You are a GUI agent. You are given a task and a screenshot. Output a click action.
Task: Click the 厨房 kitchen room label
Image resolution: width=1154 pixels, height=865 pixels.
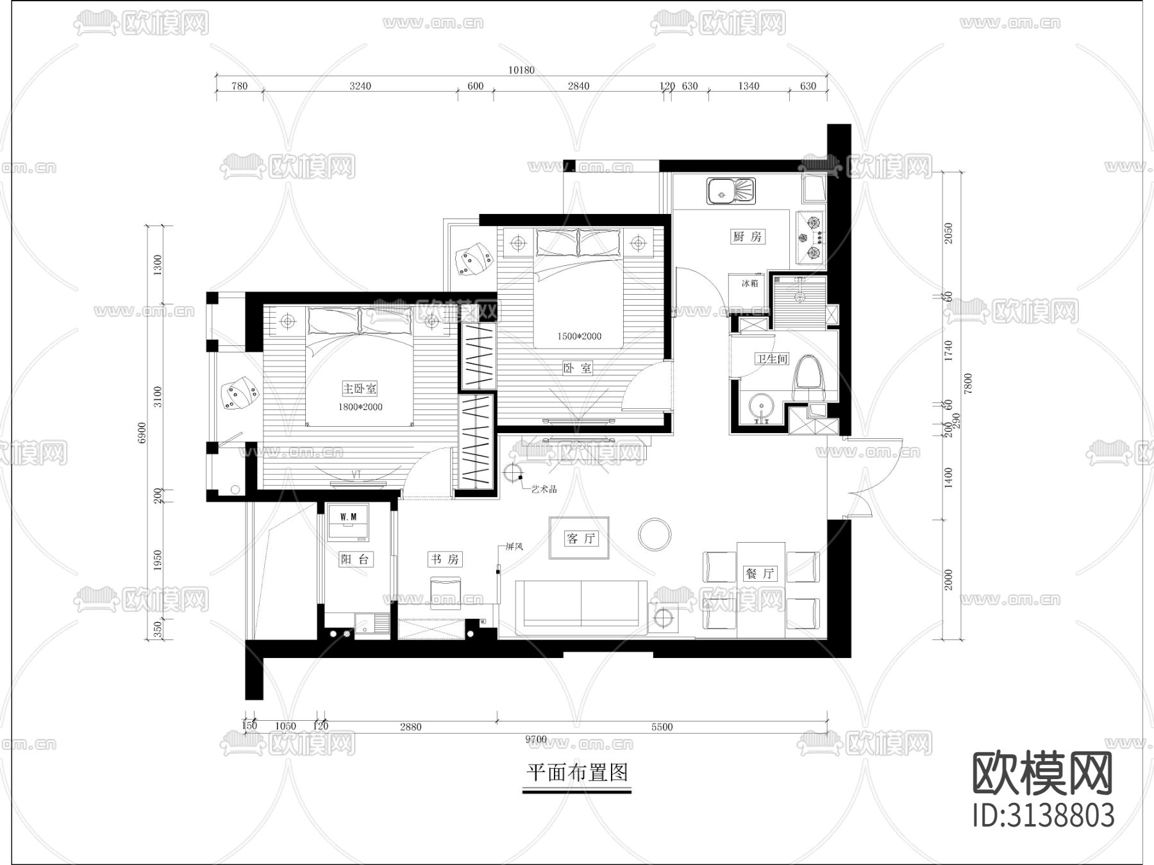[747, 236]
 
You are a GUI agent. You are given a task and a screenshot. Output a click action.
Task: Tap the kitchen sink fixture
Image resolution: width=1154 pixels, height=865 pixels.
[732, 191]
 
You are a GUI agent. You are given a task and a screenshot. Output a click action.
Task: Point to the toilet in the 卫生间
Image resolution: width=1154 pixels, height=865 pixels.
[808, 379]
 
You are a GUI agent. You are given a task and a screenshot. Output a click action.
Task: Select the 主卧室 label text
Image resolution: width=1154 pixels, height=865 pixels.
[359, 388]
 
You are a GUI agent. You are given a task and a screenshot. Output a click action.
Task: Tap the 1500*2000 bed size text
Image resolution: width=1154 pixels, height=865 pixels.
[579, 336]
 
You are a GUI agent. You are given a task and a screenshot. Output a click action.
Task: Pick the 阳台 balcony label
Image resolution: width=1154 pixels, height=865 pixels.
[355, 559]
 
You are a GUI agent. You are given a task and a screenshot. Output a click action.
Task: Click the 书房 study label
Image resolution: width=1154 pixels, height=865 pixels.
[444, 559]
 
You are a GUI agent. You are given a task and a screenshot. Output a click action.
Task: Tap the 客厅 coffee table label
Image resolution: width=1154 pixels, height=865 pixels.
[580, 538]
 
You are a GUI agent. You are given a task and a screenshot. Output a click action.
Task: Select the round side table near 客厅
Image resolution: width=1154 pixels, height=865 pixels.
[655, 533]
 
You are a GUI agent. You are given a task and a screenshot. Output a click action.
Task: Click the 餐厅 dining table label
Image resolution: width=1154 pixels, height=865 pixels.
[760, 573]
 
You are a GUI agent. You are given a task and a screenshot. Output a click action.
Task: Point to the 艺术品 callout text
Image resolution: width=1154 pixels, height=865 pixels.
[544, 489]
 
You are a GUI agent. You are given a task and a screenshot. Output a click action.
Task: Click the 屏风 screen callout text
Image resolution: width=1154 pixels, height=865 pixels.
[515, 547]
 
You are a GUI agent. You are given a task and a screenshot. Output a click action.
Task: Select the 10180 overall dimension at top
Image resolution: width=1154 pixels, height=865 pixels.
[521, 70]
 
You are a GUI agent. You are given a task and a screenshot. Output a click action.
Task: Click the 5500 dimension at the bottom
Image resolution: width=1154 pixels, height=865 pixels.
[662, 727]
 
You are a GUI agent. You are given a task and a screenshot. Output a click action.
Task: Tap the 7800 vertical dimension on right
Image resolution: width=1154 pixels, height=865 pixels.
[968, 383]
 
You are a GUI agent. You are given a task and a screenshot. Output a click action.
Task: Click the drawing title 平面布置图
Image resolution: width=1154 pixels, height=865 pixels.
[577, 773]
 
